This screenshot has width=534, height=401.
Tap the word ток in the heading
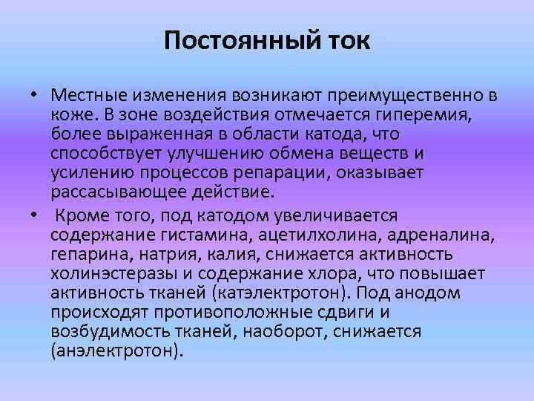(346, 39)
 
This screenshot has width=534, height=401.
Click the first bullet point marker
(35, 97)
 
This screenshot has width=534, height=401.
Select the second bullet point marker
(35, 215)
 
